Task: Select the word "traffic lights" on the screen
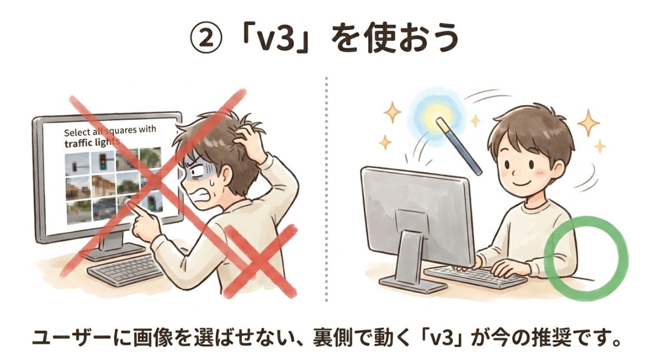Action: (x=92, y=142)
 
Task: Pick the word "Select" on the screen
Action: (x=78, y=132)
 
